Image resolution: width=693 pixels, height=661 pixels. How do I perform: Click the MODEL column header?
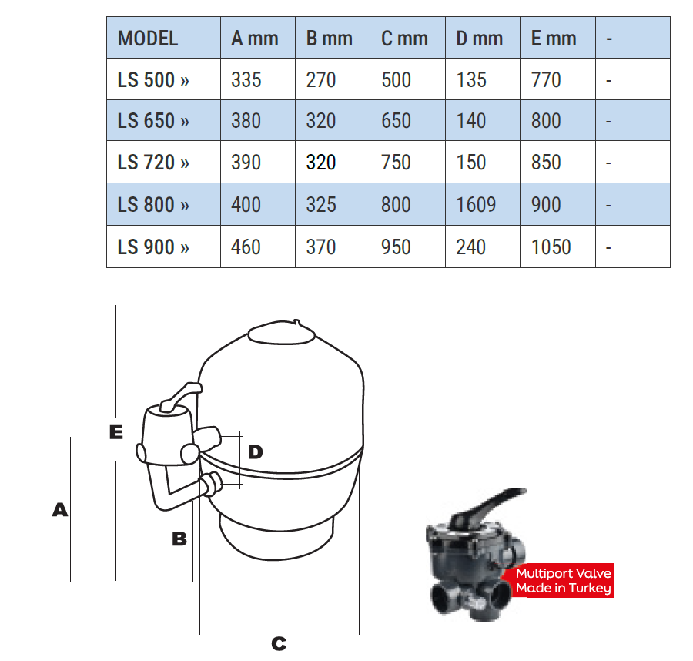tap(148, 39)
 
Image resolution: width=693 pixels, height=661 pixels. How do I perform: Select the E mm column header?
tap(554, 39)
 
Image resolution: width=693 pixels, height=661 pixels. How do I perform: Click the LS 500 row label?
tap(153, 80)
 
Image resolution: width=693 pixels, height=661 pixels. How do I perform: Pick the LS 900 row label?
tap(153, 247)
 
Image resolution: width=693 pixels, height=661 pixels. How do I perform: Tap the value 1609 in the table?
tap(476, 205)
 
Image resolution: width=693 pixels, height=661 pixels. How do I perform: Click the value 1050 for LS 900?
tap(551, 247)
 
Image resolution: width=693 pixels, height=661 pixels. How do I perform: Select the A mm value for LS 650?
tap(246, 121)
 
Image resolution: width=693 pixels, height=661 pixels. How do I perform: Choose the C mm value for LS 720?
tap(397, 163)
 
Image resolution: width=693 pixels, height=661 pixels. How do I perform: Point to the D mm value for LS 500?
tap(471, 80)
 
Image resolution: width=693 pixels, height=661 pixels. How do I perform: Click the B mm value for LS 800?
tap(321, 205)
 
